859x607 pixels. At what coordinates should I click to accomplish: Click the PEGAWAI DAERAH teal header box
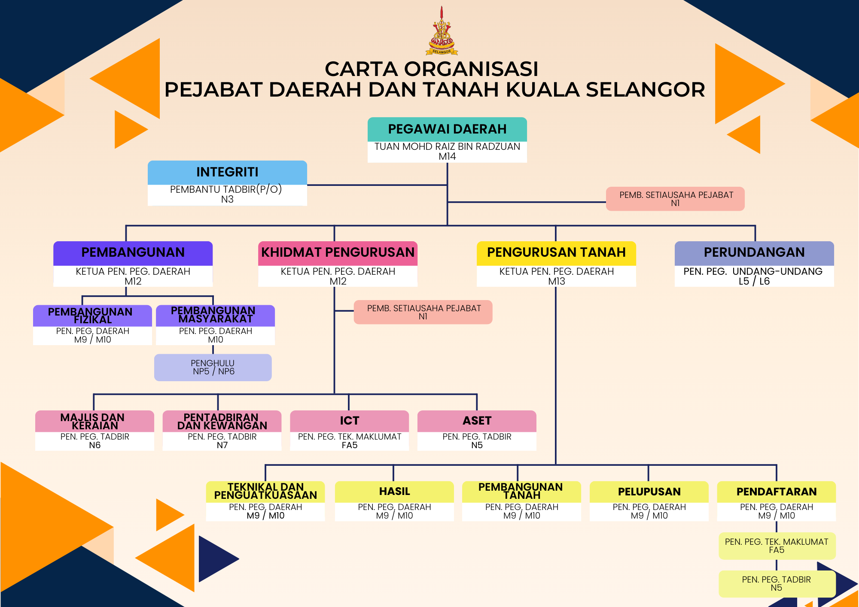(x=447, y=129)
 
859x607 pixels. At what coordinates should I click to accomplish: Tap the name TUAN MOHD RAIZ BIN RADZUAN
(x=447, y=146)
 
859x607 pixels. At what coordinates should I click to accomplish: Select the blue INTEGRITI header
(x=227, y=173)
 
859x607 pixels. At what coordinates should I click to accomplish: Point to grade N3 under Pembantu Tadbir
(x=227, y=199)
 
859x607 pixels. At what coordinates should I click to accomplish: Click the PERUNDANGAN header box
(x=754, y=253)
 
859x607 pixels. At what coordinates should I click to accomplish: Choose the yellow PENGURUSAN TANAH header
(x=556, y=253)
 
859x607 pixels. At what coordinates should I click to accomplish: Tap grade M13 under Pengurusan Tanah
(x=557, y=281)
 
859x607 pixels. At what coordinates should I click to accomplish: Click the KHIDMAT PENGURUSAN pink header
(x=338, y=253)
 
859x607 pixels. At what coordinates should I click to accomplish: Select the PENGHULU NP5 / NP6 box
(x=213, y=367)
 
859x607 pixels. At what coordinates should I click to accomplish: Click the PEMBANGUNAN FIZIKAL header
(x=92, y=316)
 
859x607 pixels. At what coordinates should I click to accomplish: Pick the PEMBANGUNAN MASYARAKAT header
(x=215, y=316)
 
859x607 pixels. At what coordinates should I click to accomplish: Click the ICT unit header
(x=350, y=421)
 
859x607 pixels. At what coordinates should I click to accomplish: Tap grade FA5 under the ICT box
(x=350, y=445)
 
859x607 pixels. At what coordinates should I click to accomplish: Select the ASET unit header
(x=477, y=421)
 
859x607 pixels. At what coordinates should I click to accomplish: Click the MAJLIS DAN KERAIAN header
(x=94, y=421)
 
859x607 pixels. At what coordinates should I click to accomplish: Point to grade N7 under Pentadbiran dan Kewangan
(x=222, y=445)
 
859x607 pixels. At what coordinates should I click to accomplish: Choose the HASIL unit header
(x=394, y=492)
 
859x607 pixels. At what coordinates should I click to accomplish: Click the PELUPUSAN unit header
(x=649, y=492)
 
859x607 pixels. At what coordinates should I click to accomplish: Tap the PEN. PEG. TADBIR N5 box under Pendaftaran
(x=777, y=584)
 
